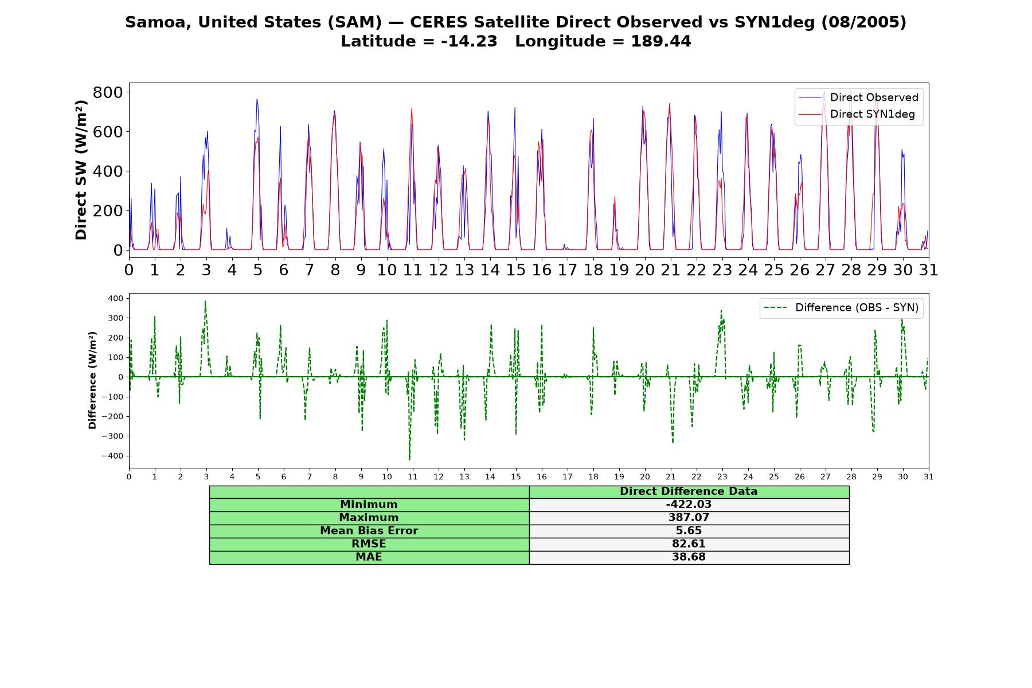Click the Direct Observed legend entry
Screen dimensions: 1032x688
tap(858, 97)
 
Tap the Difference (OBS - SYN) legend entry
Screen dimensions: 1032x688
tap(841, 308)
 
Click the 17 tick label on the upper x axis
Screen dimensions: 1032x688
tap(567, 270)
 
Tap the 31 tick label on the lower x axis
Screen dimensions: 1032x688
tap(928, 477)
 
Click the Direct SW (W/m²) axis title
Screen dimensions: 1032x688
tap(81, 170)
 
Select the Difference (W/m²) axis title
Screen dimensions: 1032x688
tap(92, 380)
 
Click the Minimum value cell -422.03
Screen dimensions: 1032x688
tap(689, 505)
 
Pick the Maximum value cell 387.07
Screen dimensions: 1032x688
tap(689, 518)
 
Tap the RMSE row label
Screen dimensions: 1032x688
tap(369, 544)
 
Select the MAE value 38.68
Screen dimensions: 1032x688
tap(689, 557)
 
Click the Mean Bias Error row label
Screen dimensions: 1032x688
tap(369, 531)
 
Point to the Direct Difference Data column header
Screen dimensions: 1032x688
tap(689, 491)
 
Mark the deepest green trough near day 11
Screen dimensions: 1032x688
tap(409, 459)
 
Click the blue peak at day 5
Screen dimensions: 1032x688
tap(257, 99)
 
